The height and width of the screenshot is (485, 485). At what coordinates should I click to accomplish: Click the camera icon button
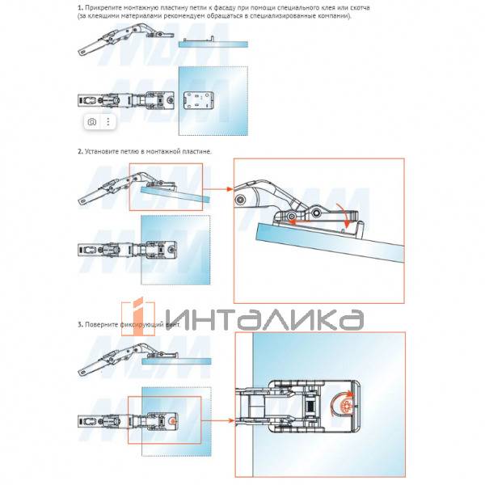[92, 121]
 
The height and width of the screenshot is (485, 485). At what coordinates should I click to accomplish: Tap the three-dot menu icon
[108, 121]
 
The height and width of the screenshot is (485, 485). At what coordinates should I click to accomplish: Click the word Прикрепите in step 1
[102, 8]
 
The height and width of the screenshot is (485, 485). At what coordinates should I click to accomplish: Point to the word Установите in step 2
[103, 151]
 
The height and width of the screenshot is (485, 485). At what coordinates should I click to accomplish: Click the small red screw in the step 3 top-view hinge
[171, 421]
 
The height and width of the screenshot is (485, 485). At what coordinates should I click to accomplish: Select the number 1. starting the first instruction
[80, 8]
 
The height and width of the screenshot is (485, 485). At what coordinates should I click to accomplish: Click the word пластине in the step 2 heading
[197, 151]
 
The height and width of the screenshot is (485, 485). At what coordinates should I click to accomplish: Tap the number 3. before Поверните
[80, 324]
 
